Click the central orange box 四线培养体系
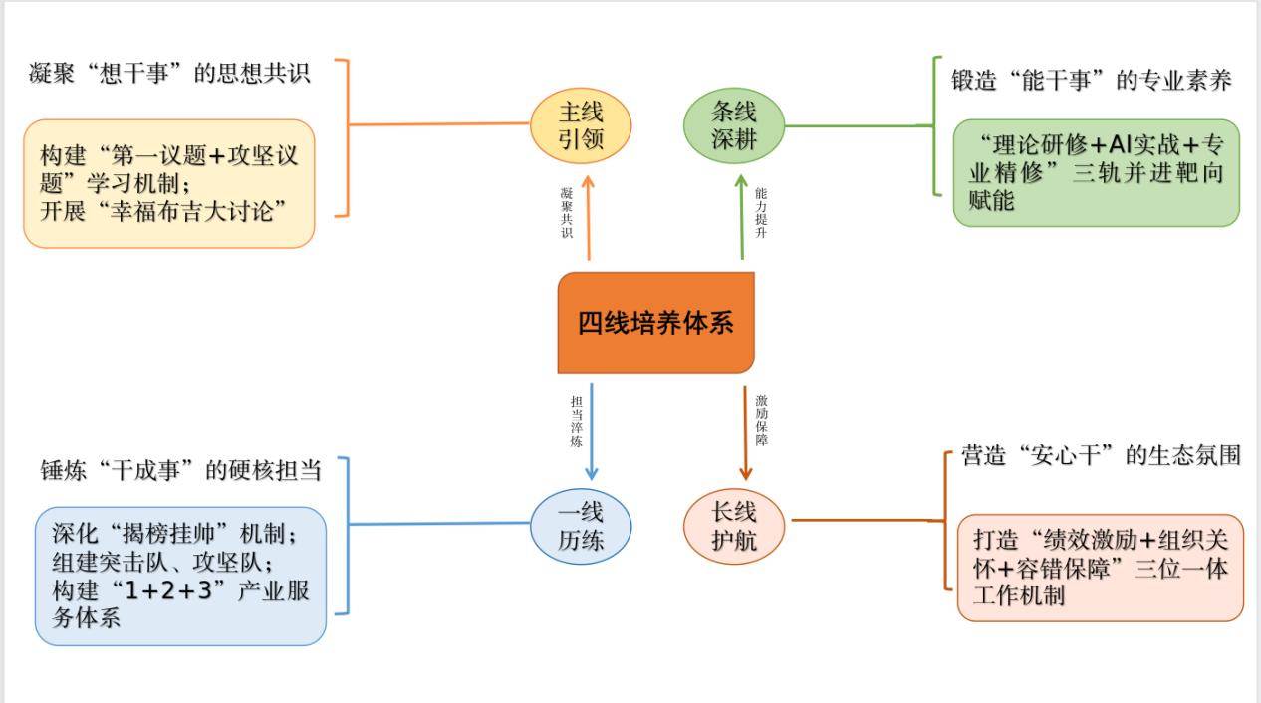[655, 323]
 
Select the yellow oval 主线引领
[581, 124]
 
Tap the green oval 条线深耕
[734, 124]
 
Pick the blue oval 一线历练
[581, 525]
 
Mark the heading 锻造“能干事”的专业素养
[1092, 82]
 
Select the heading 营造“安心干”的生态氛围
[1102, 456]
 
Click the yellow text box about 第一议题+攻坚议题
[169, 183]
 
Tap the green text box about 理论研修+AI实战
[1096, 172]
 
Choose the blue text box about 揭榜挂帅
[180, 575]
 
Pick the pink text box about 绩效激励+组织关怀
[1101, 568]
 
